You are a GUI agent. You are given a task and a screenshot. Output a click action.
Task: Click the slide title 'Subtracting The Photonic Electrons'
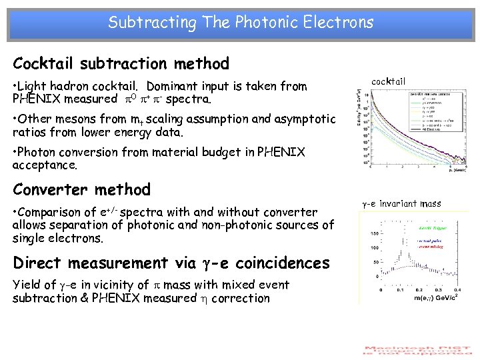(241, 23)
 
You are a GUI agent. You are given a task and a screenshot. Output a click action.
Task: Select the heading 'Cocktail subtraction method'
(121, 64)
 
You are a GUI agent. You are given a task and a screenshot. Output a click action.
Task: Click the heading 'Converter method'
(81, 189)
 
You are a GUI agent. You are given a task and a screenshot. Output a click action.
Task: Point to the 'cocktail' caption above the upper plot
(388, 81)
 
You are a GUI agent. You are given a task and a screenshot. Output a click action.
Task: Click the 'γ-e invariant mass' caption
(401, 203)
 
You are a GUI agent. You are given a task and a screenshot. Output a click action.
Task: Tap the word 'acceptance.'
(45, 165)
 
